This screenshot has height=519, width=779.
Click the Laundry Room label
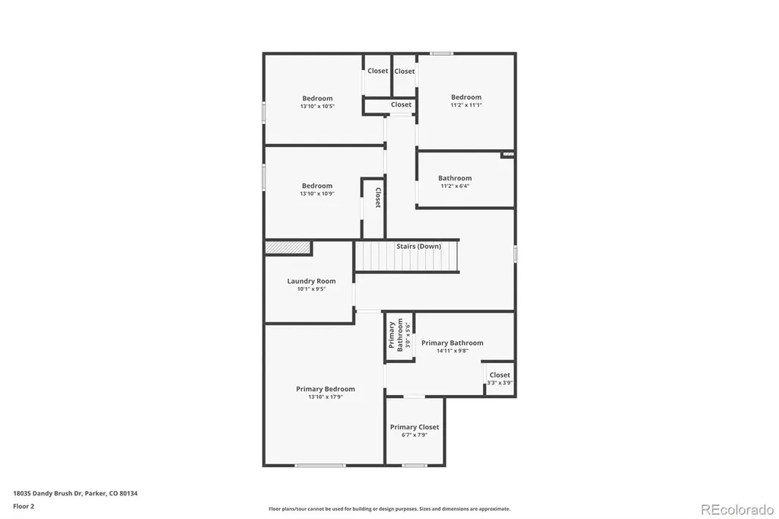[x=311, y=281]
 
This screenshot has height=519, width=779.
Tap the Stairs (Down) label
[x=418, y=246]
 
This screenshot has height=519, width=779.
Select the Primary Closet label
[x=415, y=427]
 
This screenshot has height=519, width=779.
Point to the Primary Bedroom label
[x=326, y=390]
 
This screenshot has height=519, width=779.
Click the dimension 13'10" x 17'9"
[x=326, y=396]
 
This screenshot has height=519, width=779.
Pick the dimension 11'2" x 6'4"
[x=455, y=186]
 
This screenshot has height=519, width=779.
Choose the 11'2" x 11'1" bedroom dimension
[x=466, y=105]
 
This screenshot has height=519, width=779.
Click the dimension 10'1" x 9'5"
[x=311, y=289]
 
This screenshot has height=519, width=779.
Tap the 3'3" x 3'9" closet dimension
[x=500, y=383]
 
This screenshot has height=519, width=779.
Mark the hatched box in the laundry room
[x=288, y=247]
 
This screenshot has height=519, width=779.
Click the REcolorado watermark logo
[x=736, y=510]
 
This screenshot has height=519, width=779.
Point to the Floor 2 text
[x=24, y=507]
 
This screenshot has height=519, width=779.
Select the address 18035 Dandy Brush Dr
[x=48, y=494]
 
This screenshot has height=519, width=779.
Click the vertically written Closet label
[x=378, y=197]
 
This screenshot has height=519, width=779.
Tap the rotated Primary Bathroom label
[x=396, y=335]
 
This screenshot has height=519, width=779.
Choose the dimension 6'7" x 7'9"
[x=415, y=435]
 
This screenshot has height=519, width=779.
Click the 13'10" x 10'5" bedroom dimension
[x=317, y=106]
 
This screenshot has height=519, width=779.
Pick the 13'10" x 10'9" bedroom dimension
[x=317, y=193]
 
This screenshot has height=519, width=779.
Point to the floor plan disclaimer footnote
[x=389, y=509]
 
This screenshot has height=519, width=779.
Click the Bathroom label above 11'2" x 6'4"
[x=455, y=178]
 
